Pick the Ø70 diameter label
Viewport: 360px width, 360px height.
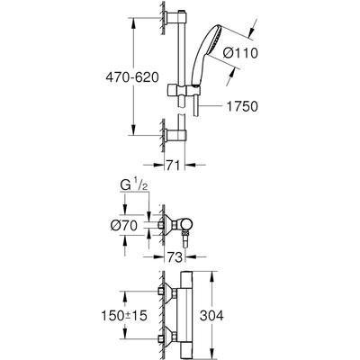(135, 223)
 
